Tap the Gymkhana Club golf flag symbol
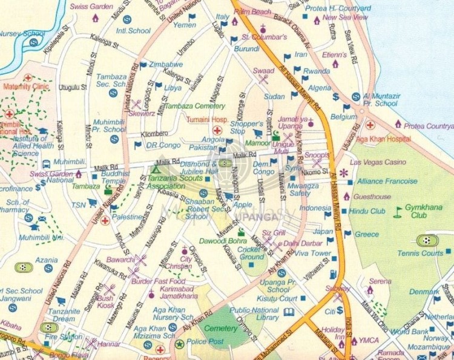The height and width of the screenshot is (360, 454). pyautogui.click(x=398, y=211)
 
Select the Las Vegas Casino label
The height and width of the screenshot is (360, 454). pyautogui.click(x=378, y=162)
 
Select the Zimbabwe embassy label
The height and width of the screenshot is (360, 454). pyautogui.click(x=166, y=64)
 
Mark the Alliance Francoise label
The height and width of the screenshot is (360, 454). pyautogui.click(x=387, y=181)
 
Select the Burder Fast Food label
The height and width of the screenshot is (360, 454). pyautogui.click(x=158, y=281)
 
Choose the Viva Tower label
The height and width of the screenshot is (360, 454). pyautogui.click(x=313, y=253)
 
